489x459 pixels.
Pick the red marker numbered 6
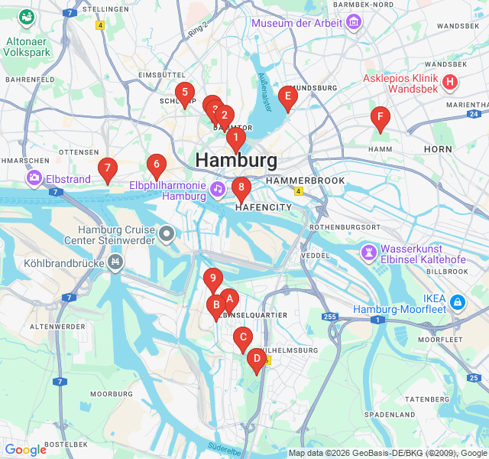point(156,164)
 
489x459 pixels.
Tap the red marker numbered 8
point(241,187)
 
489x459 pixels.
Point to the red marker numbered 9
point(213,279)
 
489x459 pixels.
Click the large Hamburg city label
point(236,160)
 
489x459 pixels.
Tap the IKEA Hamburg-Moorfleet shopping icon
point(457,302)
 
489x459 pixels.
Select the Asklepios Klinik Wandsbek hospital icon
point(450,81)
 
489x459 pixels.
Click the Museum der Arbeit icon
point(353,23)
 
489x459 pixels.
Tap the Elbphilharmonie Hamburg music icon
point(218,188)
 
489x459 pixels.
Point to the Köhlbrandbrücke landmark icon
point(115,262)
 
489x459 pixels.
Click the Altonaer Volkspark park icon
point(28,15)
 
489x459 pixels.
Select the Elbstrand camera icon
point(34,178)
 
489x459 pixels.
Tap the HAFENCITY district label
point(264,207)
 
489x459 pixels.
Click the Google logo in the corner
point(25,450)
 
